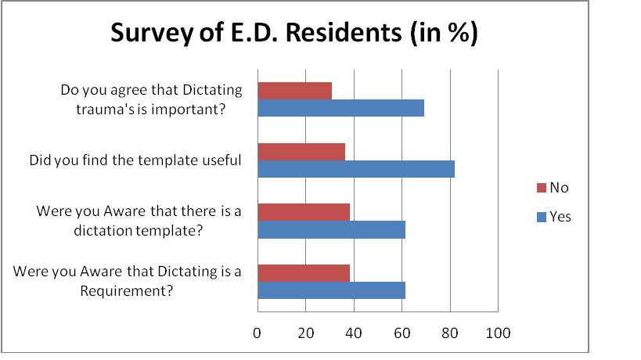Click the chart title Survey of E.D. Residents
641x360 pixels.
(294, 35)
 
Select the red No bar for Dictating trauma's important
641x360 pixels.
(294, 90)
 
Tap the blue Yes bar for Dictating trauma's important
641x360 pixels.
(340, 108)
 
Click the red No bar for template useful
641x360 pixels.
(301, 151)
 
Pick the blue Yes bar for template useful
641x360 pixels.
(355, 168)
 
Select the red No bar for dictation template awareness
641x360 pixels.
(304, 211)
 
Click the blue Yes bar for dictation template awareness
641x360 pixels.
(331, 229)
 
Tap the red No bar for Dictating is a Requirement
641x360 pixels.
(304, 272)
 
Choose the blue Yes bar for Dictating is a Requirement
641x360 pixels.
(331, 290)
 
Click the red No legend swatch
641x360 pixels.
(539, 188)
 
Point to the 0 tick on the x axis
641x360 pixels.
(257, 333)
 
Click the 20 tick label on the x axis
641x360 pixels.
(305, 333)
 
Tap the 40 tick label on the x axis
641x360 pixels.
(354, 333)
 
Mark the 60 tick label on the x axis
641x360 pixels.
(402, 333)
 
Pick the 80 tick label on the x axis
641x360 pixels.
(450, 333)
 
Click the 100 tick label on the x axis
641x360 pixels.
(498, 333)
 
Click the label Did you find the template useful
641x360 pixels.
(135, 160)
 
